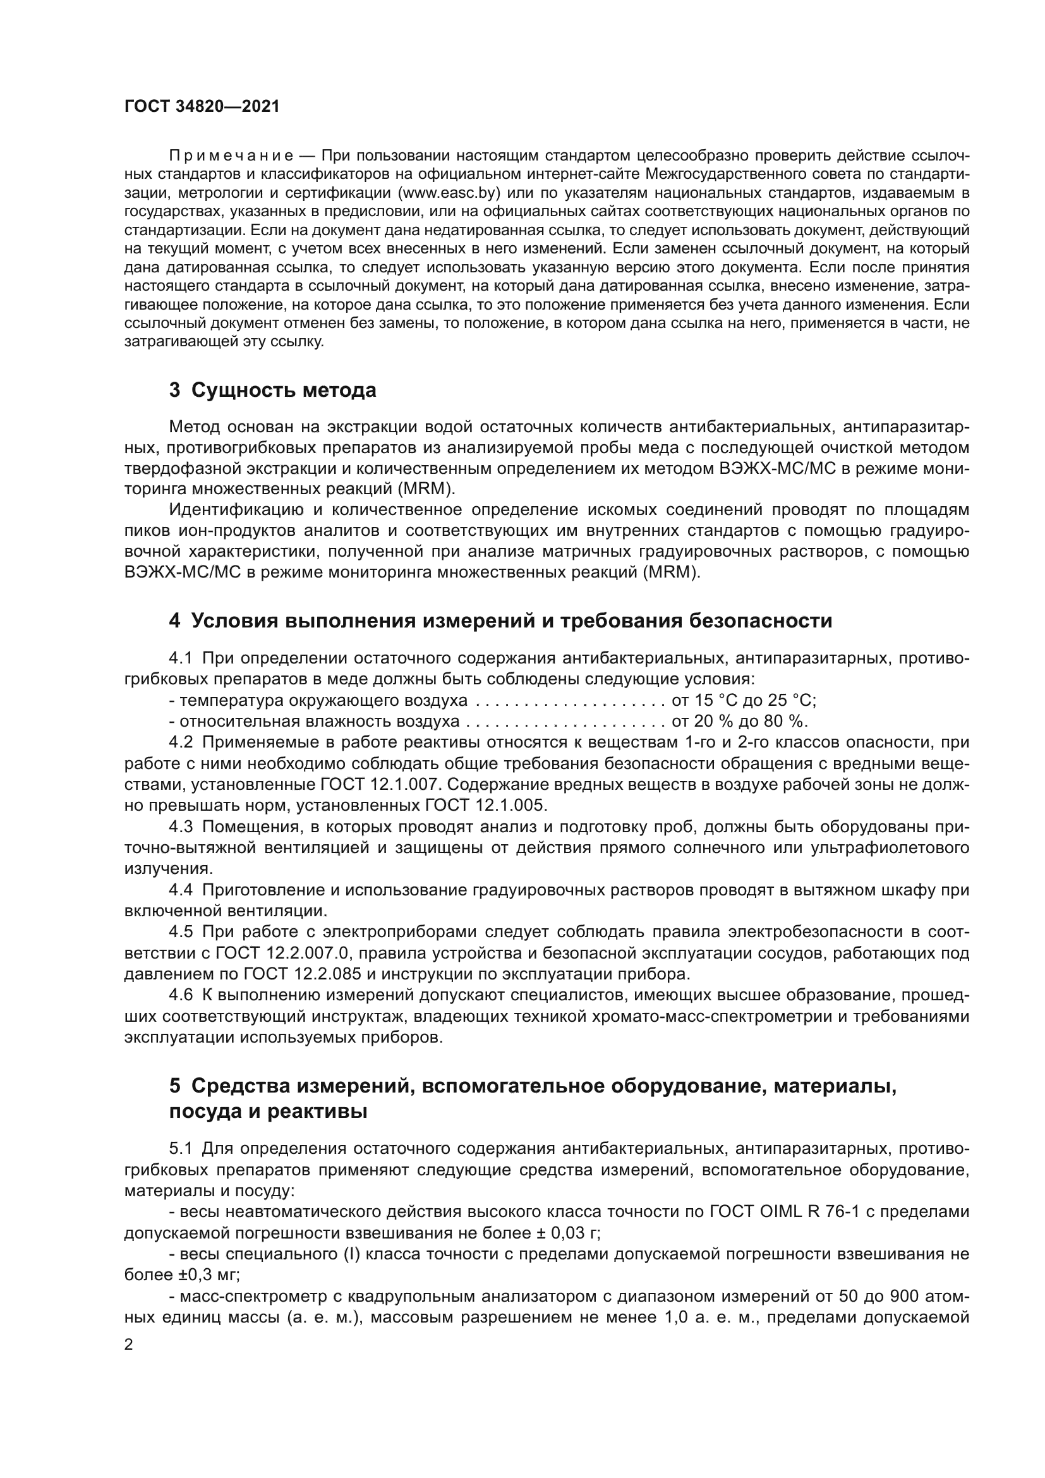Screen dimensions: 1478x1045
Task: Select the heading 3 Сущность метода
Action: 273,390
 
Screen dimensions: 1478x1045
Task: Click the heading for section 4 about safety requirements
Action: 500,621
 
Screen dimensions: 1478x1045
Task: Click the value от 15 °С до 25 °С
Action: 744,700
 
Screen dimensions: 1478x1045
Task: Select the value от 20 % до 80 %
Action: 739,721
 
